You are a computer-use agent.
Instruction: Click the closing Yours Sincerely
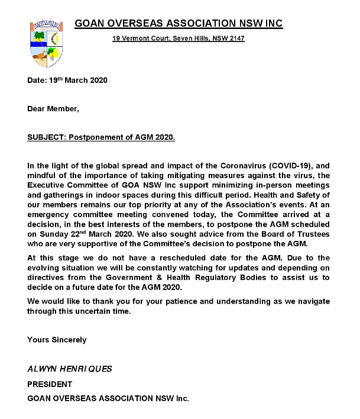(57, 340)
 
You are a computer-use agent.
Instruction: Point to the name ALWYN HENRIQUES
(70, 369)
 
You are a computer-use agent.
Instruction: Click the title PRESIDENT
(50, 384)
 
